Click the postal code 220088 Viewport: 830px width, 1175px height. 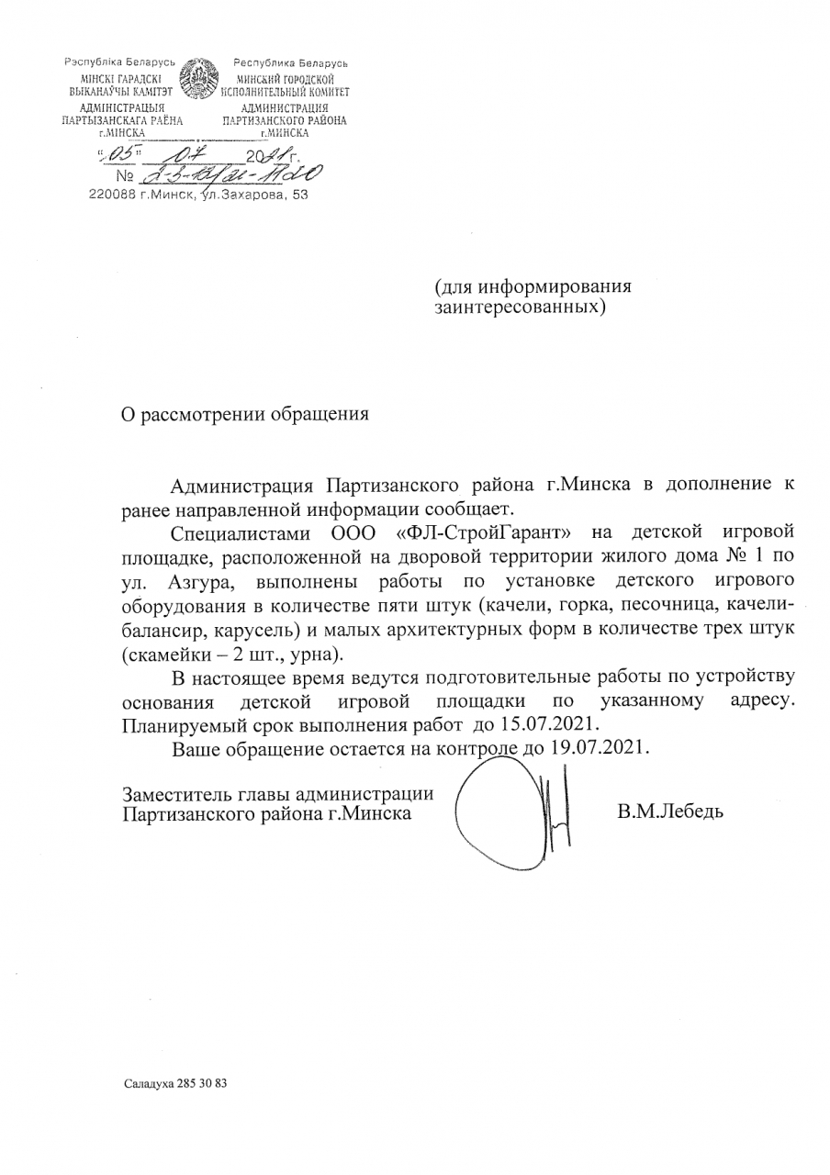pyautogui.click(x=112, y=195)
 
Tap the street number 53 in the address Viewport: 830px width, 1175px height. pyautogui.click(x=299, y=195)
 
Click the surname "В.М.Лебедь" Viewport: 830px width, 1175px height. pyautogui.click(x=671, y=811)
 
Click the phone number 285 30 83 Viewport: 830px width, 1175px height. pyautogui.click(x=200, y=1083)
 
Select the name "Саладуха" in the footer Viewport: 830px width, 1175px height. pyautogui.click(x=147, y=1083)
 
